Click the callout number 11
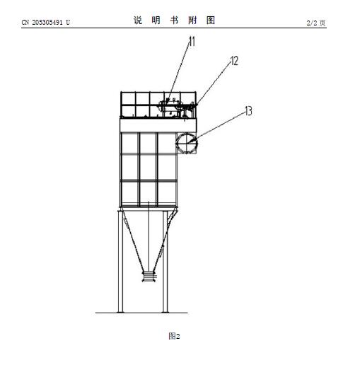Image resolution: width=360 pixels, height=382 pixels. (x=192, y=42)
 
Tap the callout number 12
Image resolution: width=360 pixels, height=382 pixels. (x=234, y=61)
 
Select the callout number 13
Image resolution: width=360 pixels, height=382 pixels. (x=248, y=111)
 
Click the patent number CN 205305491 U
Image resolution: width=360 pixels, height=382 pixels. (x=46, y=23)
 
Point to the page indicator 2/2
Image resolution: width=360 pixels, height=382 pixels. (x=312, y=23)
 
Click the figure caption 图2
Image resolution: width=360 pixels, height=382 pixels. (x=175, y=336)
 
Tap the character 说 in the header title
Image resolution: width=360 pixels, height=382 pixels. (x=138, y=21)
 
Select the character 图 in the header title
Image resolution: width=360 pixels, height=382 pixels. (x=211, y=21)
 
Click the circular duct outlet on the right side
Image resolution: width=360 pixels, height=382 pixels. (x=187, y=143)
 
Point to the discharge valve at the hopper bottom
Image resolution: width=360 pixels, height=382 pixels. (x=149, y=277)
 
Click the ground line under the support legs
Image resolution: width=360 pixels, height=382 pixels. (x=141, y=313)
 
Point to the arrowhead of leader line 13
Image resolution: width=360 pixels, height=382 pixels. (x=191, y=141)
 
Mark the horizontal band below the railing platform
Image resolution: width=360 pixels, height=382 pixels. (x=158, y=125)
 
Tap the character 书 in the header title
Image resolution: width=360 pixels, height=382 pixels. (x=174, y=21)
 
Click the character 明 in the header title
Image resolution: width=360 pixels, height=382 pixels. (x=156, y=21)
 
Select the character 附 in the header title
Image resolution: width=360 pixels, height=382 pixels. (x=192, y=21)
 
